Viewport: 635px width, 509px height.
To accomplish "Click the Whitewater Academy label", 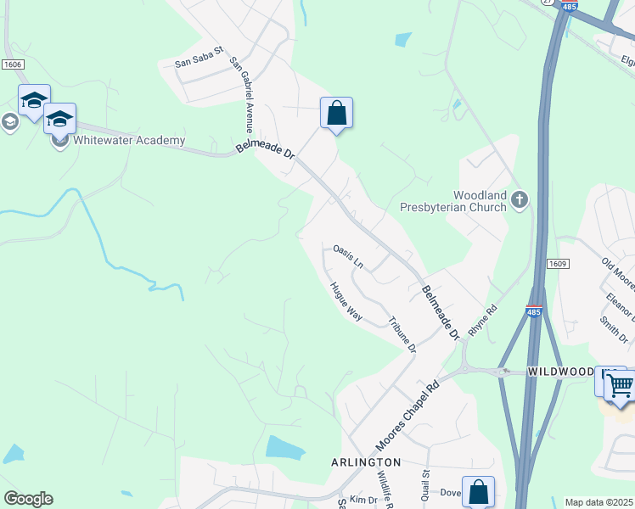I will click(129, 141).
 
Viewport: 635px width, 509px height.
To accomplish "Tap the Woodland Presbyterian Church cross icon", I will click(519, 200).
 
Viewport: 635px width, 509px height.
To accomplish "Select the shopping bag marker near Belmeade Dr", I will click(336, 113).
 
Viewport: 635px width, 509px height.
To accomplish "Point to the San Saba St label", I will click(198, 62).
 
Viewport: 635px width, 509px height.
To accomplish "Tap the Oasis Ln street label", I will click(348, 256).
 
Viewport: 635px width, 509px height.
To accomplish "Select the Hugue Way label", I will click(346, 301).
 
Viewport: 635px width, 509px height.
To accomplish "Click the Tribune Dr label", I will click(402, 335).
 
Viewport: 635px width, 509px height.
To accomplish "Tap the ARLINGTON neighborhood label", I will click(365, 462).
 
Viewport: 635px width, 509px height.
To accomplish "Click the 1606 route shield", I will click(12, 64).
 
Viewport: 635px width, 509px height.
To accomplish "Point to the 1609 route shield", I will click(557, 265).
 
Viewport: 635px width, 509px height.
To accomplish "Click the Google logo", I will click(28, 499).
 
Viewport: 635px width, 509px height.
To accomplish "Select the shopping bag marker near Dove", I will click(478, 491).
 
